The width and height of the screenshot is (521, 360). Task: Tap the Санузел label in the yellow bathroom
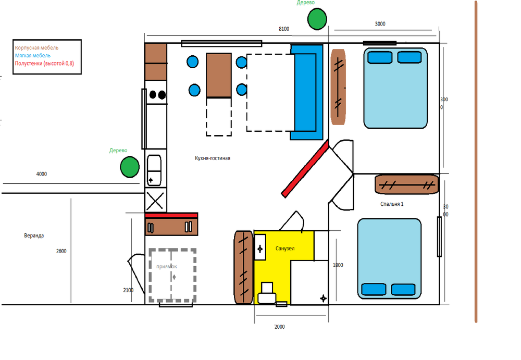(x=285, y=249)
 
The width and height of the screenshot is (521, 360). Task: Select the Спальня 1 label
(x=392, y=204)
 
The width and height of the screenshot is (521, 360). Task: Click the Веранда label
(x=34, y=235)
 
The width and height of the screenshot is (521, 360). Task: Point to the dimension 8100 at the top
(x=284, y=29)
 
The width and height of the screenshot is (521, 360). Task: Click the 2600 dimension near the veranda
(x=61, y=251)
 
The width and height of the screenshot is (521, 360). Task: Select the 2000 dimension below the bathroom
(x=279, y=327)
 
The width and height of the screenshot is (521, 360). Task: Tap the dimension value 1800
(x=338, y=265)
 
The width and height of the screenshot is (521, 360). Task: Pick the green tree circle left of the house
(x=130, y=167)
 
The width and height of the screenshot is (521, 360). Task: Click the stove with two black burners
(x=156, y=94)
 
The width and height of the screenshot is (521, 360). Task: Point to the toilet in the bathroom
(x=267, y=293)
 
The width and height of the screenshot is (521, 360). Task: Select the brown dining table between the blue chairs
(x=219, y=75)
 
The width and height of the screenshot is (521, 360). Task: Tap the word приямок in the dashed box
(x=166, y=266)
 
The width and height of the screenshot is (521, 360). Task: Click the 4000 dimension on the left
(x=41, y=174)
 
